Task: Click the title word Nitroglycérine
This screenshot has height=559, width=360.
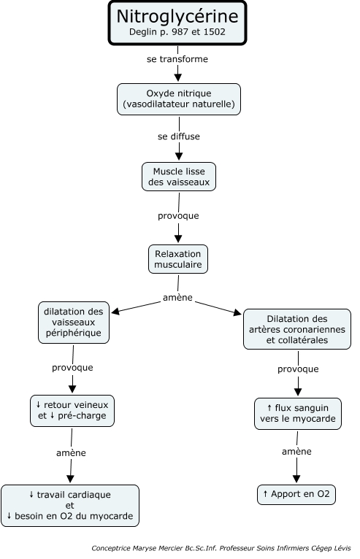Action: (x=177, y=16)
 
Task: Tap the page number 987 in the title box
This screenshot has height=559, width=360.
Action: (x=180, y=32)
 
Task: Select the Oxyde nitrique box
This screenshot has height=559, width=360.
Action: (x=179, y=99)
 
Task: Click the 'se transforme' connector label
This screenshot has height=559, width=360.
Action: (x=177, y=59)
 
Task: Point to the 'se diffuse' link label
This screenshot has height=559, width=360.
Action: (x=179, y=136)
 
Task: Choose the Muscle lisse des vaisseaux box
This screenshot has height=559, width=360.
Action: (x=179, y=177)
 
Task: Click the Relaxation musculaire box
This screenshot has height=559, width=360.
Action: (x=178, y=259)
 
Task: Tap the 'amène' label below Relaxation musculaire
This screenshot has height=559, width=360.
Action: (x=177, y=298)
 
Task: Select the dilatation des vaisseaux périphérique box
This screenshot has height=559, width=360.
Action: (x=74, y=323)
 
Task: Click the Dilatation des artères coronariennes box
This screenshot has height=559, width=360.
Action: (x=297, y=329)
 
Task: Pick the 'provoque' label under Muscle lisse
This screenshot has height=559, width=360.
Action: (x=178, y=216)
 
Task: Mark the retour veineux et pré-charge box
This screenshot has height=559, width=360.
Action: (x=72, y=411)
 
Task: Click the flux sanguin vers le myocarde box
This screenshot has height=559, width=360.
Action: (x=298, y=414)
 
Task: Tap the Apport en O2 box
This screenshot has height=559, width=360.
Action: (x=296, y=495)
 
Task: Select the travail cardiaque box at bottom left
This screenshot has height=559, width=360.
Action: (x=70, y=506)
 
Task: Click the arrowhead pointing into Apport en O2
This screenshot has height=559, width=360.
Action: (x=296, y=479)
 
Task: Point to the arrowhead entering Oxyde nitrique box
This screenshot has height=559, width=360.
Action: (x=177, y=77)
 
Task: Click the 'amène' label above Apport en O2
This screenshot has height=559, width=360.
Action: (x=297, y=452)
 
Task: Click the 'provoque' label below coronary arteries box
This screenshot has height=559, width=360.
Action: (x=298, y=369)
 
